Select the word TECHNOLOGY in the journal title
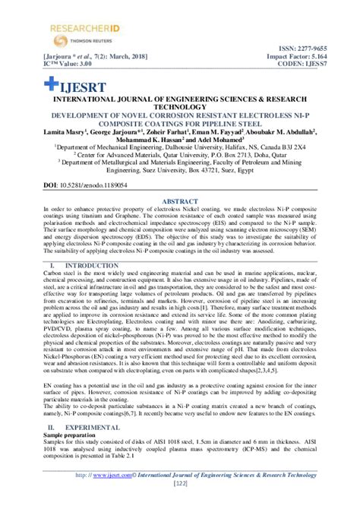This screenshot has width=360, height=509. [179, 107]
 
